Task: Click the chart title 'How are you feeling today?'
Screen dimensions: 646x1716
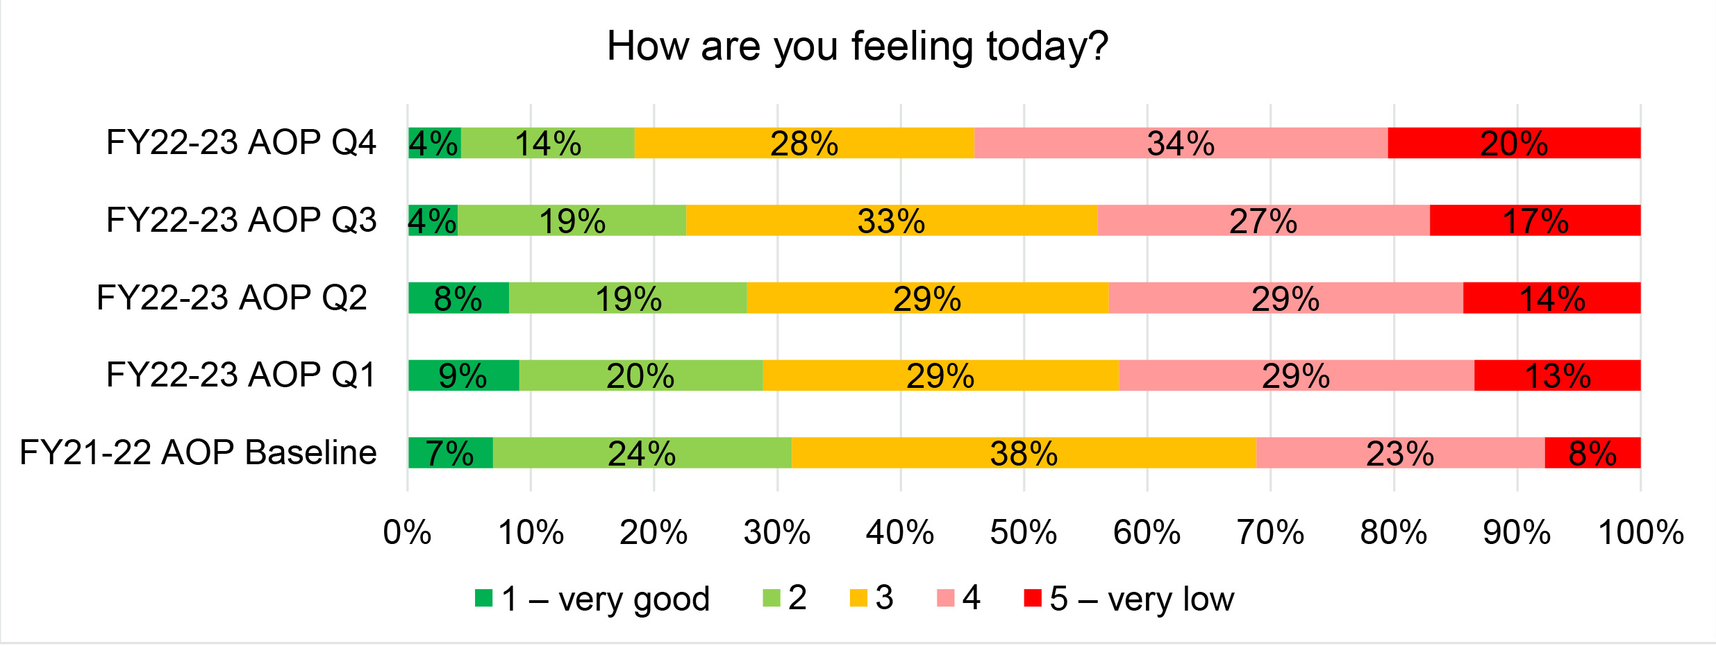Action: click(x=857, y=47)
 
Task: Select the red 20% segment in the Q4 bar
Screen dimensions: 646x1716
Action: click(x=1514, y=143)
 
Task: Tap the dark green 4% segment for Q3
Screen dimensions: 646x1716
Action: click(x=433, y=221)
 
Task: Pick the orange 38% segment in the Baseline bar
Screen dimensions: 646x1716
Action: click(x=1024, y=453)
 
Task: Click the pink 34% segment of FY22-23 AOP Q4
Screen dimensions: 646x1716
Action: click(x=1181, y=143)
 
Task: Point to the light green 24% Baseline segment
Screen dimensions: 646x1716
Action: click(x=642, y=453)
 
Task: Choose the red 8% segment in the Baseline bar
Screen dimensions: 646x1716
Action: click(x=1592, y=453)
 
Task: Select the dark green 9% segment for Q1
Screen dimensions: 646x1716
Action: click(x=463, y=375)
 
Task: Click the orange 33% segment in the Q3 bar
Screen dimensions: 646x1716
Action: click(x=891, y=221)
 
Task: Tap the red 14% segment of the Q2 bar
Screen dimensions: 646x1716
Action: click(x=1551, y=298)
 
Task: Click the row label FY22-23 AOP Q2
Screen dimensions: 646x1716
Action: click(x=232, y=298)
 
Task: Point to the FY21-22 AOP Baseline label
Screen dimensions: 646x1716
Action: click(x=198, y=453)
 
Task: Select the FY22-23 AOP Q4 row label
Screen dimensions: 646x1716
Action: click(x=241, y=143)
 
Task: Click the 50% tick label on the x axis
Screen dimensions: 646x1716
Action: click(x=1024, y=533)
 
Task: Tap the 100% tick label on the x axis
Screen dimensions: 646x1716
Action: click(x=1640, y=533)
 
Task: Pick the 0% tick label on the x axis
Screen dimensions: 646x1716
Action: click(x=408, y=533)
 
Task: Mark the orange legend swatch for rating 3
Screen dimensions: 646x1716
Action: click(x=858, y=597)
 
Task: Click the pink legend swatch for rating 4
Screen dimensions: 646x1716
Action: click(x=945, y=597)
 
